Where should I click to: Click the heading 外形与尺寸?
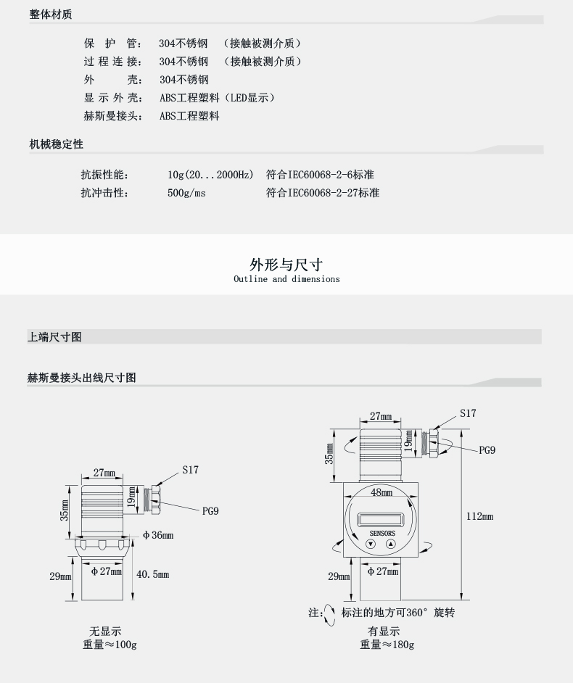(286, 265)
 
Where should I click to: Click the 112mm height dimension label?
(480, 516)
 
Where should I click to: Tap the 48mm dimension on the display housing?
(382, 493)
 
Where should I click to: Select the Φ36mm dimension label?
(157, 535)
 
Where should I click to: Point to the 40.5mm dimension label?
(152, 574)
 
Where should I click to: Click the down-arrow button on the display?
(371, 544)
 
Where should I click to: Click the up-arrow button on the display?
(390, 544)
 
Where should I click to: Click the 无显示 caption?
(105, 632)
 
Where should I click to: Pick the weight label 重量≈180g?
(387, 645)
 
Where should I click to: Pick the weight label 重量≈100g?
(110, 645)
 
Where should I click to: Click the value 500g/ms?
(186, 193)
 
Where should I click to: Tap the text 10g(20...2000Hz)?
(210, 175)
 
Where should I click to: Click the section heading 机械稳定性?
(56, 144)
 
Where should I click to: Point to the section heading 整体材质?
(51, 15)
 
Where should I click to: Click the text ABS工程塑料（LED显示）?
(217, 98)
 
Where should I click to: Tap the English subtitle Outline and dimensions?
(286, 279)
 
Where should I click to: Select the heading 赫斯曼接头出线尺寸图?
(81, 378)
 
